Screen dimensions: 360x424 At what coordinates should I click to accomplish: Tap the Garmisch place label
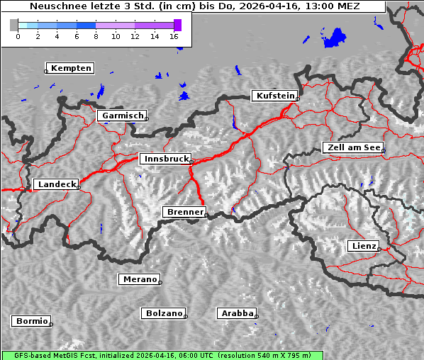click(123, 116)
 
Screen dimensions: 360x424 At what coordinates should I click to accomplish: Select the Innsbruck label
click(165, 159)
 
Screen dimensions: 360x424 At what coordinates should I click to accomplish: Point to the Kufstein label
click(274, 96)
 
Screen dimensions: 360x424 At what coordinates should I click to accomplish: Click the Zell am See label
click(353, 147)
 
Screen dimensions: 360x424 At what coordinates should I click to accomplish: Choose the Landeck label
click(56, 184)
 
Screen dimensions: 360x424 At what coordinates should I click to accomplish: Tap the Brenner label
click(184, 212)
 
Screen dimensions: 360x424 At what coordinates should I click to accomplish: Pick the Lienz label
click(363, 246)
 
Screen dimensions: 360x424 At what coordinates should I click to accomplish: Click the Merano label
click(139, 279)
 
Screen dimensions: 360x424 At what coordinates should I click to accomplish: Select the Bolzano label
click(164, 313)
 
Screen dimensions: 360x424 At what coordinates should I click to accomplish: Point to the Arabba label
click(237, 313)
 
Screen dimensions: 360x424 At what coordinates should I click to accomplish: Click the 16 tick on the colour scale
click(174, 36)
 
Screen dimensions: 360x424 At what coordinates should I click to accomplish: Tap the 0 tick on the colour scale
click(18, 36)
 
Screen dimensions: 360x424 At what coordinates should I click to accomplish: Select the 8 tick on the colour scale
click(96, 36)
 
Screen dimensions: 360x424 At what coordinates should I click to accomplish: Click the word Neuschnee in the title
click(54, 6)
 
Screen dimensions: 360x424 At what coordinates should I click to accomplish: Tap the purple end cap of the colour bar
click(177, 25)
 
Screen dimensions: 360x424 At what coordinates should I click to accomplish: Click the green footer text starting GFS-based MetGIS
click(162, 355)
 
